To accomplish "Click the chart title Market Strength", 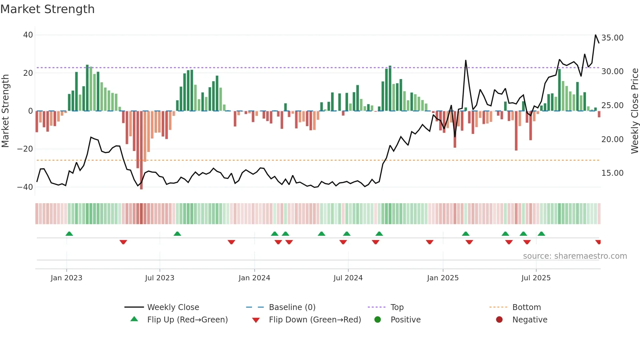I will [47, 9].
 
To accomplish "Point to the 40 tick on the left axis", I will [28, 35].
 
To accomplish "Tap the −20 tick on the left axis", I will [25, 149].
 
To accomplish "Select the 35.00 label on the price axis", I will [612, 38].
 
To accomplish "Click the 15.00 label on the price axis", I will [612, 173].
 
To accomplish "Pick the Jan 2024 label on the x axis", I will [254, 278].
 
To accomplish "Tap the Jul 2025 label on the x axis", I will [536, 278].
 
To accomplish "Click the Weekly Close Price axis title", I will [634, 111].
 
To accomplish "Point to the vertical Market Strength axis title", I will [5, 111].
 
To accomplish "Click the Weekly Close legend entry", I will [173, 307].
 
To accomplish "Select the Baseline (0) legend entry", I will [292, 307].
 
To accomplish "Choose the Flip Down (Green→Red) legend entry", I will [314, 320].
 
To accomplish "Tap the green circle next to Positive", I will [378, 320].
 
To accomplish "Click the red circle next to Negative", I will [499, 320].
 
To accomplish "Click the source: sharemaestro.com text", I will [575, 256].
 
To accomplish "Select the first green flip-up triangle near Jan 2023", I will [69, 234].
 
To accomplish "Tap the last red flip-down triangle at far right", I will [598, 242].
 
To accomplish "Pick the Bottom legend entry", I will [526, 307].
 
